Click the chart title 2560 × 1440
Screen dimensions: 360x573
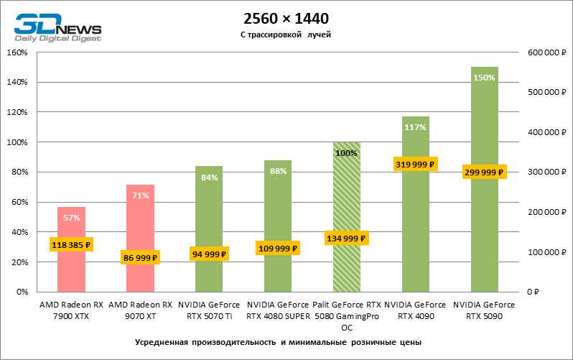pos(286,18)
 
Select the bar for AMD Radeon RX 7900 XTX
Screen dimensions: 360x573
pos(71,266)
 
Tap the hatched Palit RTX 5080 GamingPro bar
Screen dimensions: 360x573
pos(347,201)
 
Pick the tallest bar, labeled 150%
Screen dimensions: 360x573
pos(485,129)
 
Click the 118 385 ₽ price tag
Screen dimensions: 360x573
pos(71,245)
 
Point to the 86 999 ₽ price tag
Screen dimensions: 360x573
pos(140,257)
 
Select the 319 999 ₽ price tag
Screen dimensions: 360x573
pos(416,165)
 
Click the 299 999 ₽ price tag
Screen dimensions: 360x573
pos(485,172)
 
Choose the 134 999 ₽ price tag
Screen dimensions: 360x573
pos(347,239)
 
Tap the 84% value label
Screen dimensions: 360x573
pos(209,177)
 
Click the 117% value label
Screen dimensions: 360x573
pos(416,127)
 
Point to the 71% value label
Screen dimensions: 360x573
pos(140,195)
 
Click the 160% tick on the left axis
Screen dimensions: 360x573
pos(17,52)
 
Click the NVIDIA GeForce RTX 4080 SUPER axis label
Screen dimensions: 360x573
pos(278,310)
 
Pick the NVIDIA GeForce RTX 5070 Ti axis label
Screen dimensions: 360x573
pos(209,310)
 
